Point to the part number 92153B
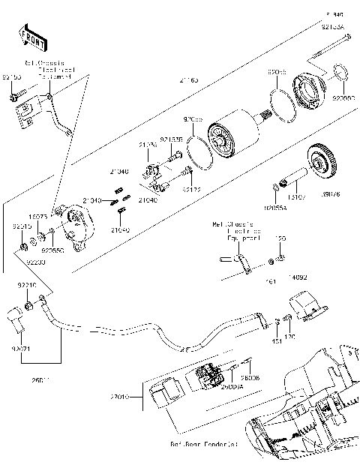[171, 139]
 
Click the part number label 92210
[26, 286]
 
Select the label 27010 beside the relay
[120, 394]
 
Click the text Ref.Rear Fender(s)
[205, 444]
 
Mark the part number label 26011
[41, 382]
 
